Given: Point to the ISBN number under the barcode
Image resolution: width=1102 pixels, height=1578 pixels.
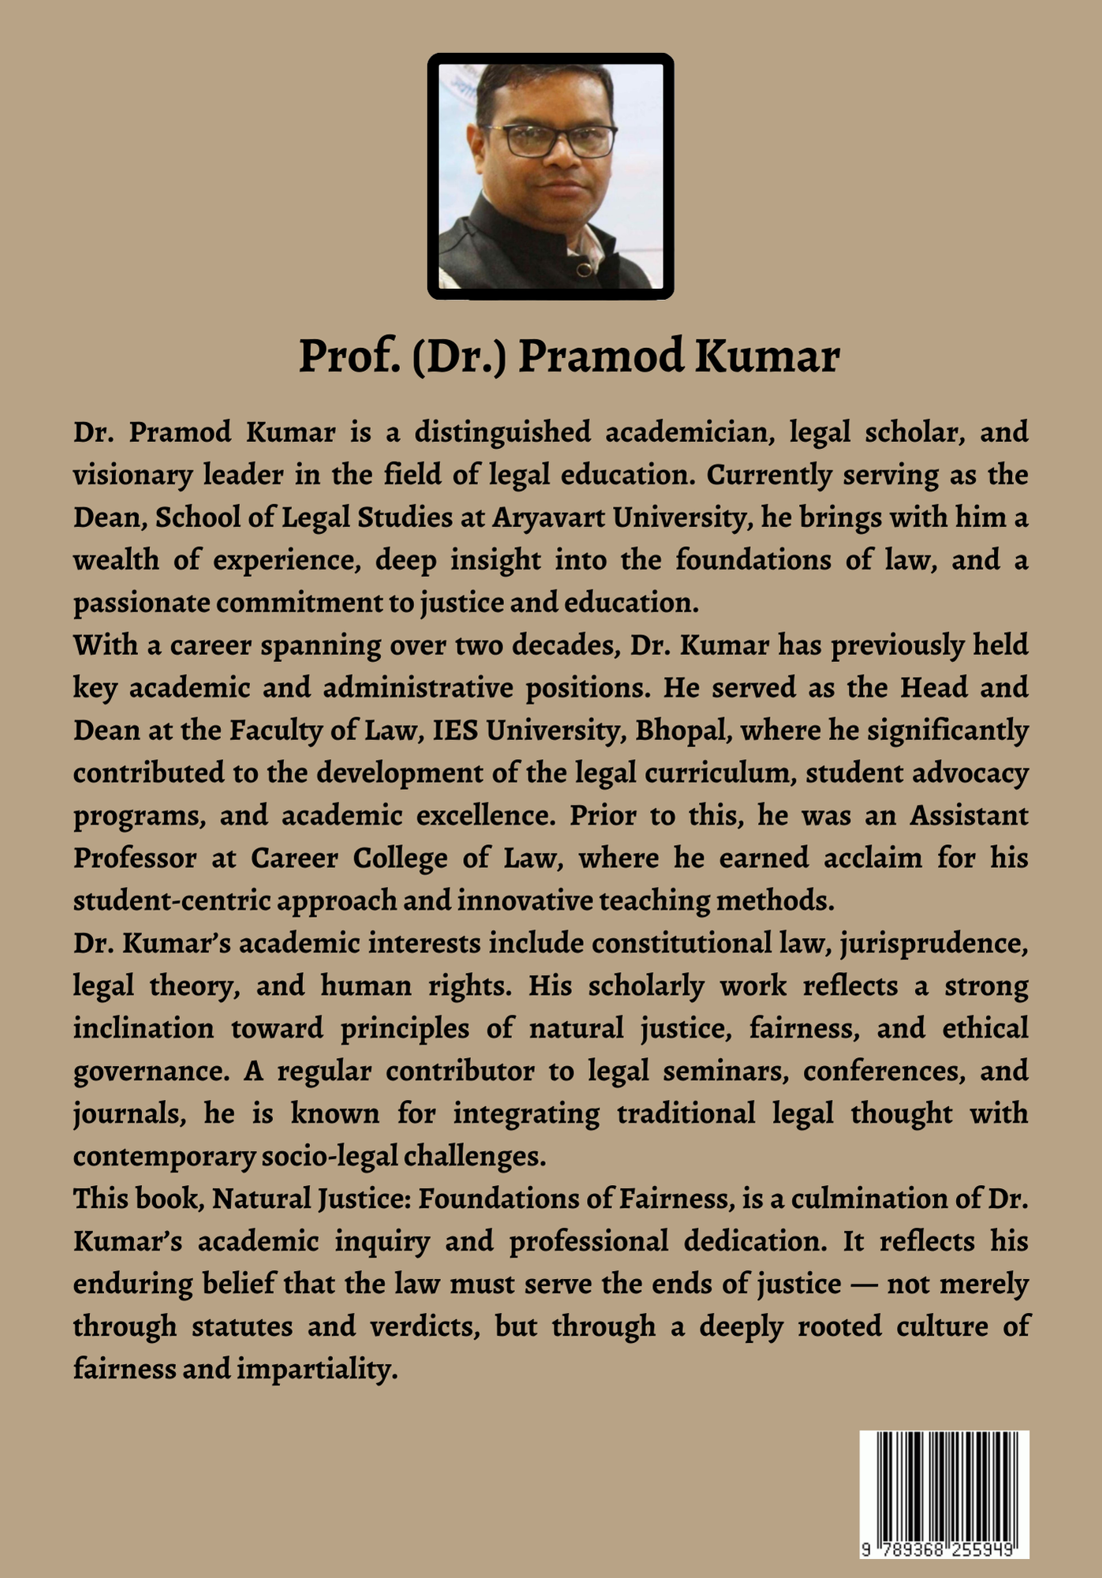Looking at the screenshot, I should pos(944,1549).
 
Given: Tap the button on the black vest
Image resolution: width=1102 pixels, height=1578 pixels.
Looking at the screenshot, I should pos(582,271).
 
